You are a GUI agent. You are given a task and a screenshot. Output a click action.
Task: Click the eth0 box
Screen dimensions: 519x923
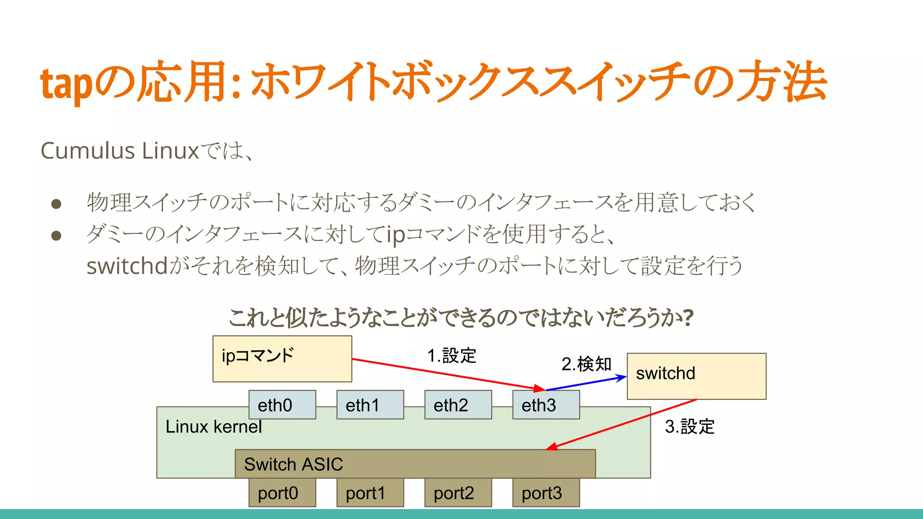[282, 405]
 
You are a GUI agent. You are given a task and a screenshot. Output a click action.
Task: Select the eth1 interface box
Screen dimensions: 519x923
[370, 405]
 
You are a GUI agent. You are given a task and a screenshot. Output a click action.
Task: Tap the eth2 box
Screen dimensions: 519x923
[458, 405]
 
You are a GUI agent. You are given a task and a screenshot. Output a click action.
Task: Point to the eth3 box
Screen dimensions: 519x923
[546, 405]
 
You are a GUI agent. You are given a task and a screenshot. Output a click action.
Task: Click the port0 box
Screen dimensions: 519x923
[282, 493]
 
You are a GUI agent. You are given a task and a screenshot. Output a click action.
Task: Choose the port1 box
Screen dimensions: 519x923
[370, 493]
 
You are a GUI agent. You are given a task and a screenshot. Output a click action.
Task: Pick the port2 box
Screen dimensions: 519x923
[458, 493]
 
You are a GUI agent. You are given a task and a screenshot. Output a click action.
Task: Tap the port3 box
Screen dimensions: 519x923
[546, 493]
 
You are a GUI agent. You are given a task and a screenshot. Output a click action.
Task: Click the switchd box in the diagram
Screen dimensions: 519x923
[696, 376]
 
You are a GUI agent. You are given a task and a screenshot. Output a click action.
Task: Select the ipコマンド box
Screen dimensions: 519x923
[282, 359]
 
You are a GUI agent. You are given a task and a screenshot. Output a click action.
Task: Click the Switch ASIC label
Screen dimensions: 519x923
[293, 464]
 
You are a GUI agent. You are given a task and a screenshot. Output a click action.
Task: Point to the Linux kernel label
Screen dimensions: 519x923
[213, 427]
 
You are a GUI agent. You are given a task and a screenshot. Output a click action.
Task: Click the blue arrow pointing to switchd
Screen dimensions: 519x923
[586, 383]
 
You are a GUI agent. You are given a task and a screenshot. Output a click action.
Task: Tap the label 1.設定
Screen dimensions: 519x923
[451, 355]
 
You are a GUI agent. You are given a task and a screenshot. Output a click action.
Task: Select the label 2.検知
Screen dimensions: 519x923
[586, 364]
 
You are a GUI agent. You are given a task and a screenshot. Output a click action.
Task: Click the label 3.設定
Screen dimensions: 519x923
[690, 426]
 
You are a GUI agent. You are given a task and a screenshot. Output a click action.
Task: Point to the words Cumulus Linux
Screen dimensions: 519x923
[119, 150]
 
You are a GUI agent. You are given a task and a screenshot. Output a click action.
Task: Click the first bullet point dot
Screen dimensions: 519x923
[56, 204]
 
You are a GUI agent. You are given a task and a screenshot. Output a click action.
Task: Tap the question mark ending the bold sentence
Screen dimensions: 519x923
[688, 318]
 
